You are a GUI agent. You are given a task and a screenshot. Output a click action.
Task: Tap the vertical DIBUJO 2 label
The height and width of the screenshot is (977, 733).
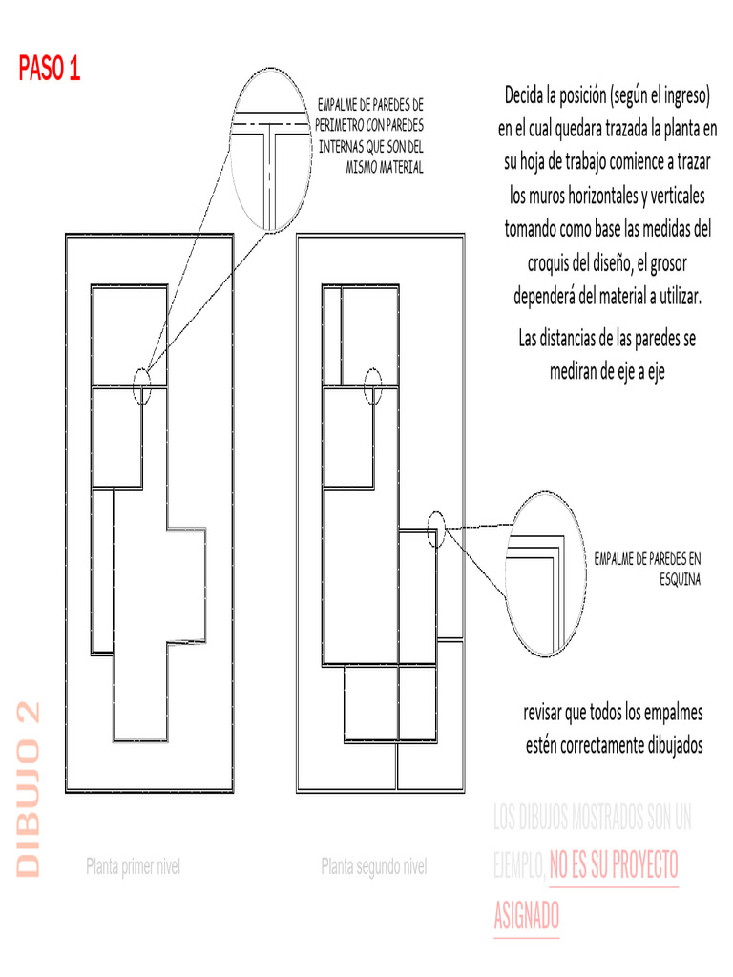click(29, 789)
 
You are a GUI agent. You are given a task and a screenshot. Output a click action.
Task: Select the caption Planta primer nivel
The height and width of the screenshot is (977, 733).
click(133, 867)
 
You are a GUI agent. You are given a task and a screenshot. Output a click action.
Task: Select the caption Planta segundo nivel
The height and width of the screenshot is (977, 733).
click(373, 867)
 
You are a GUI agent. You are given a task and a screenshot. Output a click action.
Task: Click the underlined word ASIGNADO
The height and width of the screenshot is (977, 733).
click(527, 917)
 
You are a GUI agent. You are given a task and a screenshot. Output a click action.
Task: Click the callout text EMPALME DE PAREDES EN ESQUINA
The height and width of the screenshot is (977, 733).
click(648, 568)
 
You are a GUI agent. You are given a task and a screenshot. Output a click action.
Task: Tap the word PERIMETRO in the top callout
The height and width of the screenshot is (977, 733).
click(339, 125)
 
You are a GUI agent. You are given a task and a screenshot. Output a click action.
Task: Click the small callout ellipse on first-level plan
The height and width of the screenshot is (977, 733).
click(142, 385)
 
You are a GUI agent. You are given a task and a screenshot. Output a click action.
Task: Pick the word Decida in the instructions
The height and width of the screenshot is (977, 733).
click(529, 95)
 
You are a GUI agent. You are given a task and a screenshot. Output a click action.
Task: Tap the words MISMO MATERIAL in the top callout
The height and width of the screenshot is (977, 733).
click(384, 168)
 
